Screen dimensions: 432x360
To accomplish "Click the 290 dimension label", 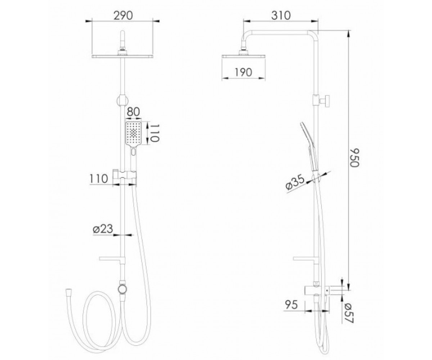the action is pyautogui.click(x=123, y=15).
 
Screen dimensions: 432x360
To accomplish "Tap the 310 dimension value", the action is pyautogui.click(x=281, y=15).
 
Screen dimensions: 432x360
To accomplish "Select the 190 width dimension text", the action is pyautogui.click(x=243, y=72).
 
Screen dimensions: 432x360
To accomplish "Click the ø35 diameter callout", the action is pyautogui.click(x=295, y=182).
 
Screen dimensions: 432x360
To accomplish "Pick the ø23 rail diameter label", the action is pyautogui.click(x=103, y=229).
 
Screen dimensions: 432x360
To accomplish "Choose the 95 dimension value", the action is pyautogui.click(x=291, y=305).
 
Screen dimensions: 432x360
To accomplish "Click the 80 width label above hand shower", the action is pyautogui.click(x=134, y=112).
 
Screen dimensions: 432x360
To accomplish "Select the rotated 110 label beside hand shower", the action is pyautogui.click(x=154, y=133).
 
